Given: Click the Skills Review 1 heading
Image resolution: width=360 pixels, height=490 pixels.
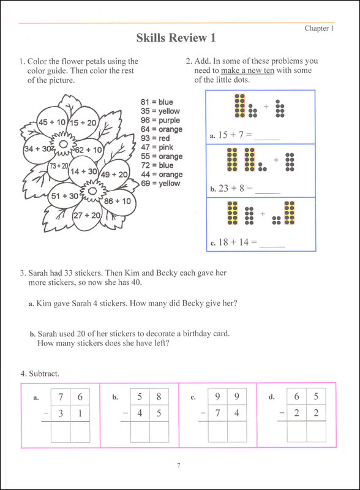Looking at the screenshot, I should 176,38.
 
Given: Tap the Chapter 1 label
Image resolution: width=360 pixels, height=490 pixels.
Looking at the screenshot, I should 319,28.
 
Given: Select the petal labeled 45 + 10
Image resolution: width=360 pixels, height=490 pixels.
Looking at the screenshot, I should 51,122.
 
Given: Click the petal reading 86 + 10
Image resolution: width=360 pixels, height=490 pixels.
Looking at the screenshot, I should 117,200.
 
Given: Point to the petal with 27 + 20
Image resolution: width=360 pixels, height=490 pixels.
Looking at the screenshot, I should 87,215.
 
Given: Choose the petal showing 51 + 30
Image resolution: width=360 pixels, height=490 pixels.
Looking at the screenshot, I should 64,196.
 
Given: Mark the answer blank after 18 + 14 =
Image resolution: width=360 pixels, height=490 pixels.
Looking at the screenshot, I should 272,244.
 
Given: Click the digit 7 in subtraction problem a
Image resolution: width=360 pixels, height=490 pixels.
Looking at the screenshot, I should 61,396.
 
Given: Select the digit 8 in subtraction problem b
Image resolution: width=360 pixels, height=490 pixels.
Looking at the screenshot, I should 159,396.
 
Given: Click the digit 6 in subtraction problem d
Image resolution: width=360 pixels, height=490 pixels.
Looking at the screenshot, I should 297,396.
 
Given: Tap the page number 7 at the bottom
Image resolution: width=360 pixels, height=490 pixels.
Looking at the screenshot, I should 178,466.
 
